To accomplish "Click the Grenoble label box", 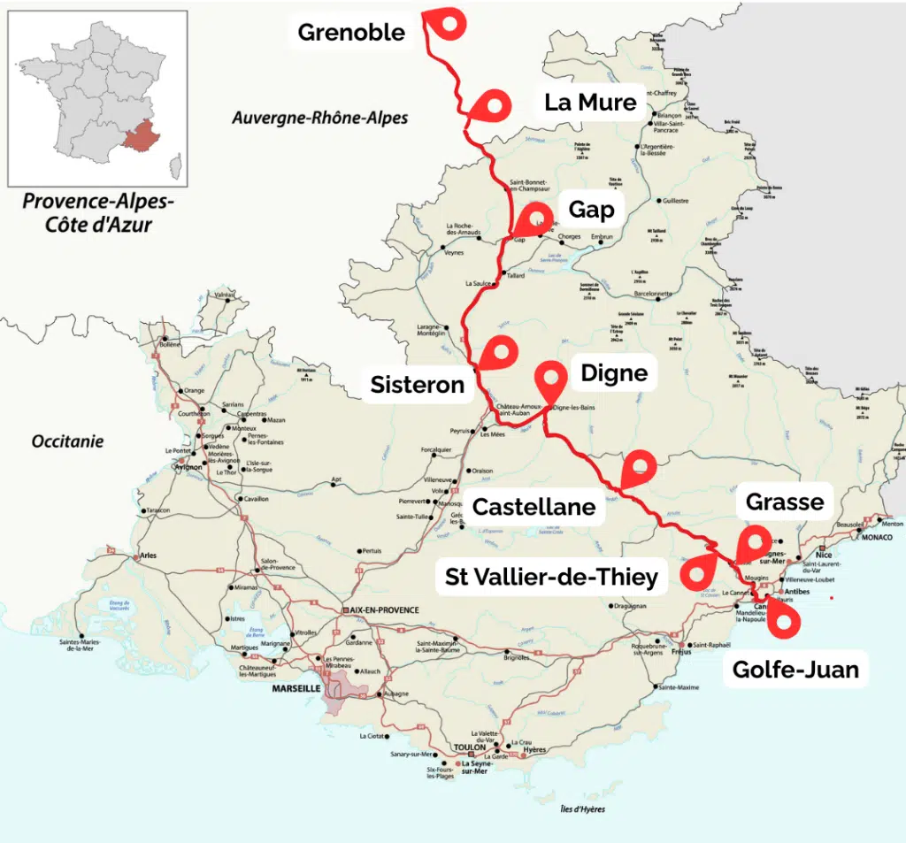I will [x=351, y=33].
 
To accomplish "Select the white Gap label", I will [x=591, y=210].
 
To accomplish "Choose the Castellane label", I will [x=534, y=507].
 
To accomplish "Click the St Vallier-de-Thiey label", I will [x=551, y=578].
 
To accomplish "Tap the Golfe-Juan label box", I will [x=795, y=670].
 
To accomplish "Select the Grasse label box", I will [x=785, y=502].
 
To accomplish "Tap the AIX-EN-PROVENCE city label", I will [x=383, y=610].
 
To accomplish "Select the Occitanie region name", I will [x=67, y=441].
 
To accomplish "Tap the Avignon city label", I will [x=188, y=468].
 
